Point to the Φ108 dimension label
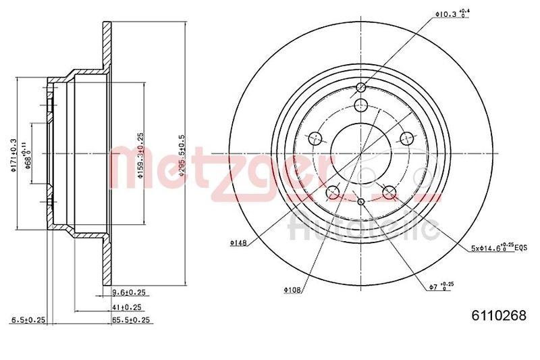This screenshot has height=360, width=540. [x=292, y=290]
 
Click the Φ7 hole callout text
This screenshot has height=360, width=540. [x=439, y=287]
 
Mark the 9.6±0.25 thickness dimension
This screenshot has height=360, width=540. [x=128, y=292]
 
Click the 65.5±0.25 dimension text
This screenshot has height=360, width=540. [x=130, y=319]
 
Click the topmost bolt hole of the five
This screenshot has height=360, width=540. [x=360, y=105]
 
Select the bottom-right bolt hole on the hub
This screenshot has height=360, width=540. [x=389, y=194]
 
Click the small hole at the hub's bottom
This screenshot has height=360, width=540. [x=361, y=203]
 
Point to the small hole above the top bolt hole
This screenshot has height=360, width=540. [x=360, y=87]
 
